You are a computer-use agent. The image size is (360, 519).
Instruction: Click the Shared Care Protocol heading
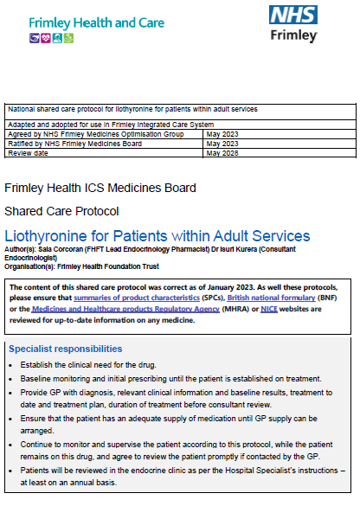click(x=61, y=211)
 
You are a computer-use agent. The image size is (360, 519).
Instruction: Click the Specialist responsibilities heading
click(x=65, y=349)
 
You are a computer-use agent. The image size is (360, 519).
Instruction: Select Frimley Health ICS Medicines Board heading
click(x=100, y=188)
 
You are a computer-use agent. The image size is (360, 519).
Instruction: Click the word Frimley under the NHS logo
click(x=295, y=36)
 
